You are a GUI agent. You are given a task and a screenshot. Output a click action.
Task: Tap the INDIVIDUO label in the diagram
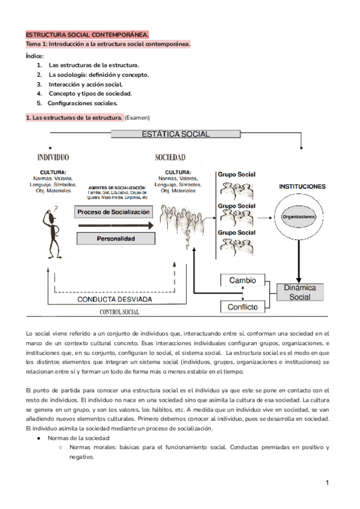pyautogui.click(x=53, y=158)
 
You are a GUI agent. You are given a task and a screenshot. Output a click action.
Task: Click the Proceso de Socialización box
pyautogui.click(x=113, y=212)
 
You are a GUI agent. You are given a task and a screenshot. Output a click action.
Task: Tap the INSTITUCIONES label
pyautogui.click(x=302, y=187)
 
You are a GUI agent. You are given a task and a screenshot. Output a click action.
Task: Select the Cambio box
pyautogui.click(x=242, y=280)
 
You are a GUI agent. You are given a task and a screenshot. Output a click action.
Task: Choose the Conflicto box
pyautogui.click(x=242, y=307)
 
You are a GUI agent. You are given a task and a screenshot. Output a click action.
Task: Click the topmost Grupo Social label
pyautogui.click(x=236, y=174)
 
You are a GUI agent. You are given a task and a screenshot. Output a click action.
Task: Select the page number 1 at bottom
pyautogui.click(x=328, y=483)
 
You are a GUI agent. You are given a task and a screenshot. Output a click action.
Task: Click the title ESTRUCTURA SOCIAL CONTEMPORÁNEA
pyautogui.click(x=88, y=35)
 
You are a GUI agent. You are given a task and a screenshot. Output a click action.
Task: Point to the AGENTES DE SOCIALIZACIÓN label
pyautogui.click(x=118, y=188)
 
